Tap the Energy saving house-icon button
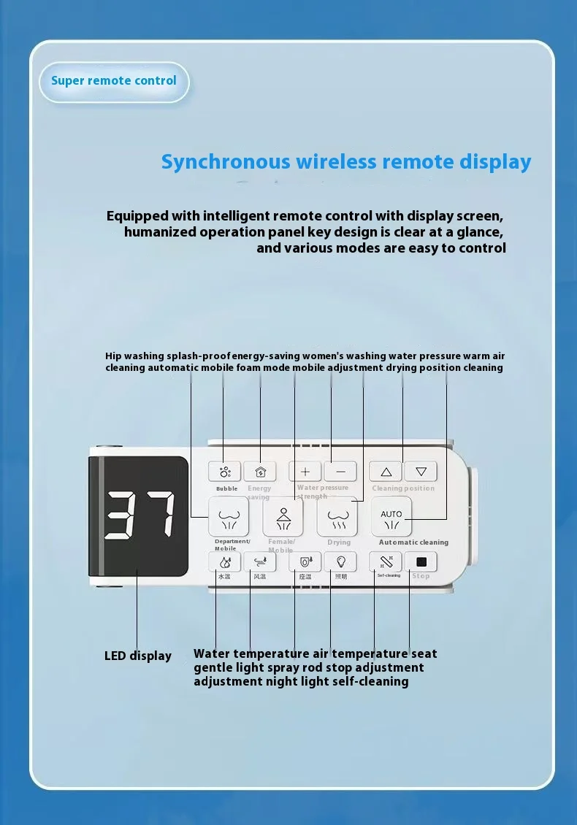tap(260, 472)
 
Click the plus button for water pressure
tap(305, 472)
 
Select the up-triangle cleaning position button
tap(386, 472)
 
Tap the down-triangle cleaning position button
tap(421, 472)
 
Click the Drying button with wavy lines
tap(337, 517)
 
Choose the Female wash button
tap(283, 517)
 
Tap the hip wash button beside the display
tap(229, 517)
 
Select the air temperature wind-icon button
tap(260, 561)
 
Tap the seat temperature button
tap(305, 561)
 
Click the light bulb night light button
tap(340, 561)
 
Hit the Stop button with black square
tap(421, 561)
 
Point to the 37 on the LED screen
tap(139, 515)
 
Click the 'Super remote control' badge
tap(114, 80)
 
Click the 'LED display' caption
tap(137, 656)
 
